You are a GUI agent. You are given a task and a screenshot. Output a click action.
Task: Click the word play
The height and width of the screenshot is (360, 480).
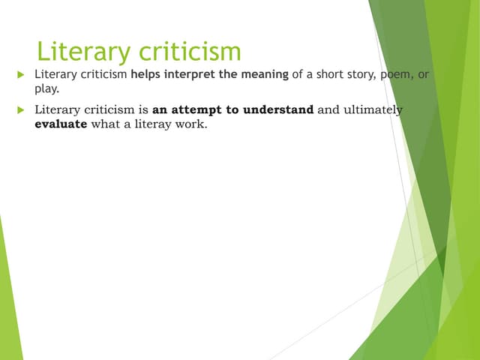click(48, 89)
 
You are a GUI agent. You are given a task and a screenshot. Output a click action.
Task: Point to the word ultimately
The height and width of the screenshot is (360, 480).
click(373, 111)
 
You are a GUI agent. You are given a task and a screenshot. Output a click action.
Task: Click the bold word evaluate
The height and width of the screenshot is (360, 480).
click(61, 124)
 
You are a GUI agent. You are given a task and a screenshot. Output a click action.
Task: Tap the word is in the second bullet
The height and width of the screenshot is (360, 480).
click(143, 111)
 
